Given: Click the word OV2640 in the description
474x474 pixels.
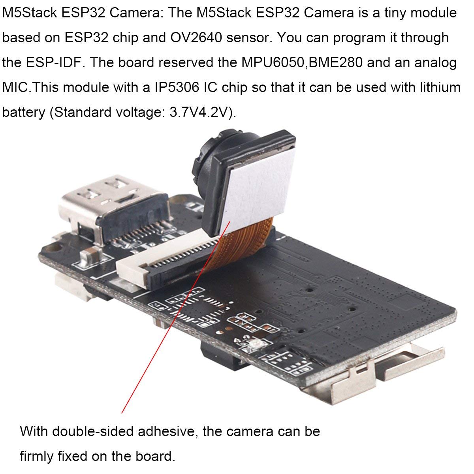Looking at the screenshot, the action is click(x=196, y=38).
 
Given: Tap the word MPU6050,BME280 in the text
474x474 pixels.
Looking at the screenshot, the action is click(x=302, y=62).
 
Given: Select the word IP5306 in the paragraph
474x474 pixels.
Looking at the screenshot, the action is click(x=177, y=87).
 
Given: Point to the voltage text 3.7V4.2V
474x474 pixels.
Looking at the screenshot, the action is click(x=201, y=112).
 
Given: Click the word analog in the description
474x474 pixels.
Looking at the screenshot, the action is click(x=435, y=63).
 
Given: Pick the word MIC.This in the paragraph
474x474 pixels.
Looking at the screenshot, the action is click(x=31, y=87).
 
